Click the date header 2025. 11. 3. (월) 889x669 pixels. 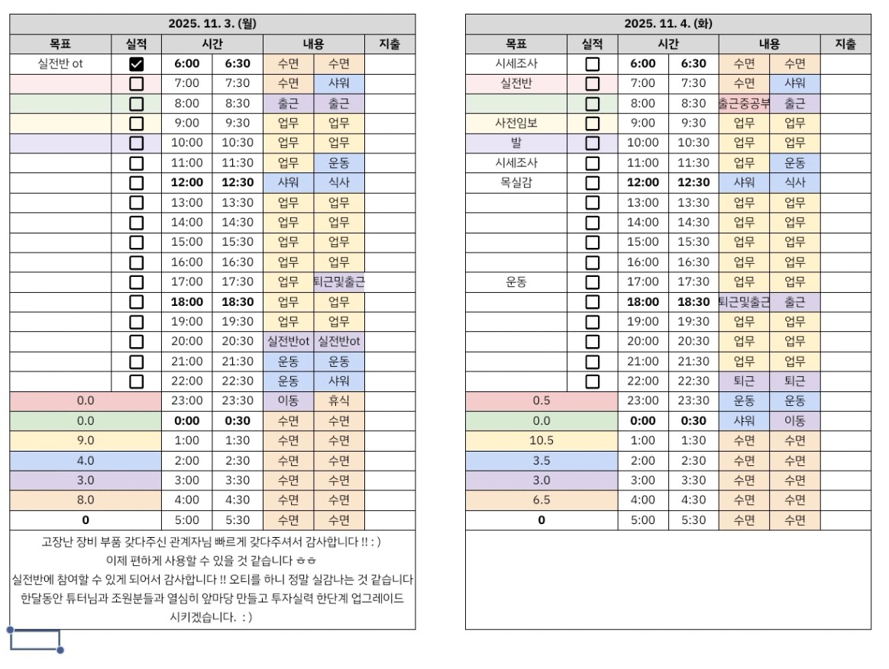(212, 24)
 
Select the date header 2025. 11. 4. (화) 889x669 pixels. (668, 24)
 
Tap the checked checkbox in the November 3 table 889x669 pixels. (137, 64)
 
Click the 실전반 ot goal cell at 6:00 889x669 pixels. (60, 64)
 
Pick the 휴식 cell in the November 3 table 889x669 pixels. (338, 400)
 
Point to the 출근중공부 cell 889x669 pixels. (744, 104)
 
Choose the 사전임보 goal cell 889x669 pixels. (516, 123)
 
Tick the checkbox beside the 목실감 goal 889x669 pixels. (593, 183)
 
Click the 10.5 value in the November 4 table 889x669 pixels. (541, 440)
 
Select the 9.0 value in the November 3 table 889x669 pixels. (86, 440)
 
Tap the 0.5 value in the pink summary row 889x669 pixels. (541, 400)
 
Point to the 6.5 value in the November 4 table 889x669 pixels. (541, 500)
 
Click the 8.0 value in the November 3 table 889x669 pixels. (86, 500)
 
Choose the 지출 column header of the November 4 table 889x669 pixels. (845, 44)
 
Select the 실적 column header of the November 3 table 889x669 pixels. (137, 44)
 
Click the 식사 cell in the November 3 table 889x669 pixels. (338, 183)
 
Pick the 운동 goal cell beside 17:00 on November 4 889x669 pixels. (516, 282)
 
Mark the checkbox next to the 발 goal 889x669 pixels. (593, 143)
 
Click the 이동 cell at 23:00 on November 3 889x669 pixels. (288, 400)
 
